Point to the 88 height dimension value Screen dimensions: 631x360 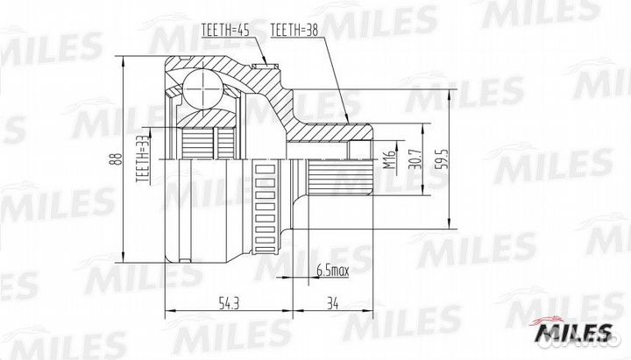(117, 159)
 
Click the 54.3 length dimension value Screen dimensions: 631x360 (229, 303)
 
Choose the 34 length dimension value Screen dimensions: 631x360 (332, 303)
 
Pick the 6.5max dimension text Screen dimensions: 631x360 (333, 271)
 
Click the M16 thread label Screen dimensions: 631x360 (389, 159)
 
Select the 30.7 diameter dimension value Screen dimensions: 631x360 (416, 159)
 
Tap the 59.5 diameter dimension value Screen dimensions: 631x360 (443, 159)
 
